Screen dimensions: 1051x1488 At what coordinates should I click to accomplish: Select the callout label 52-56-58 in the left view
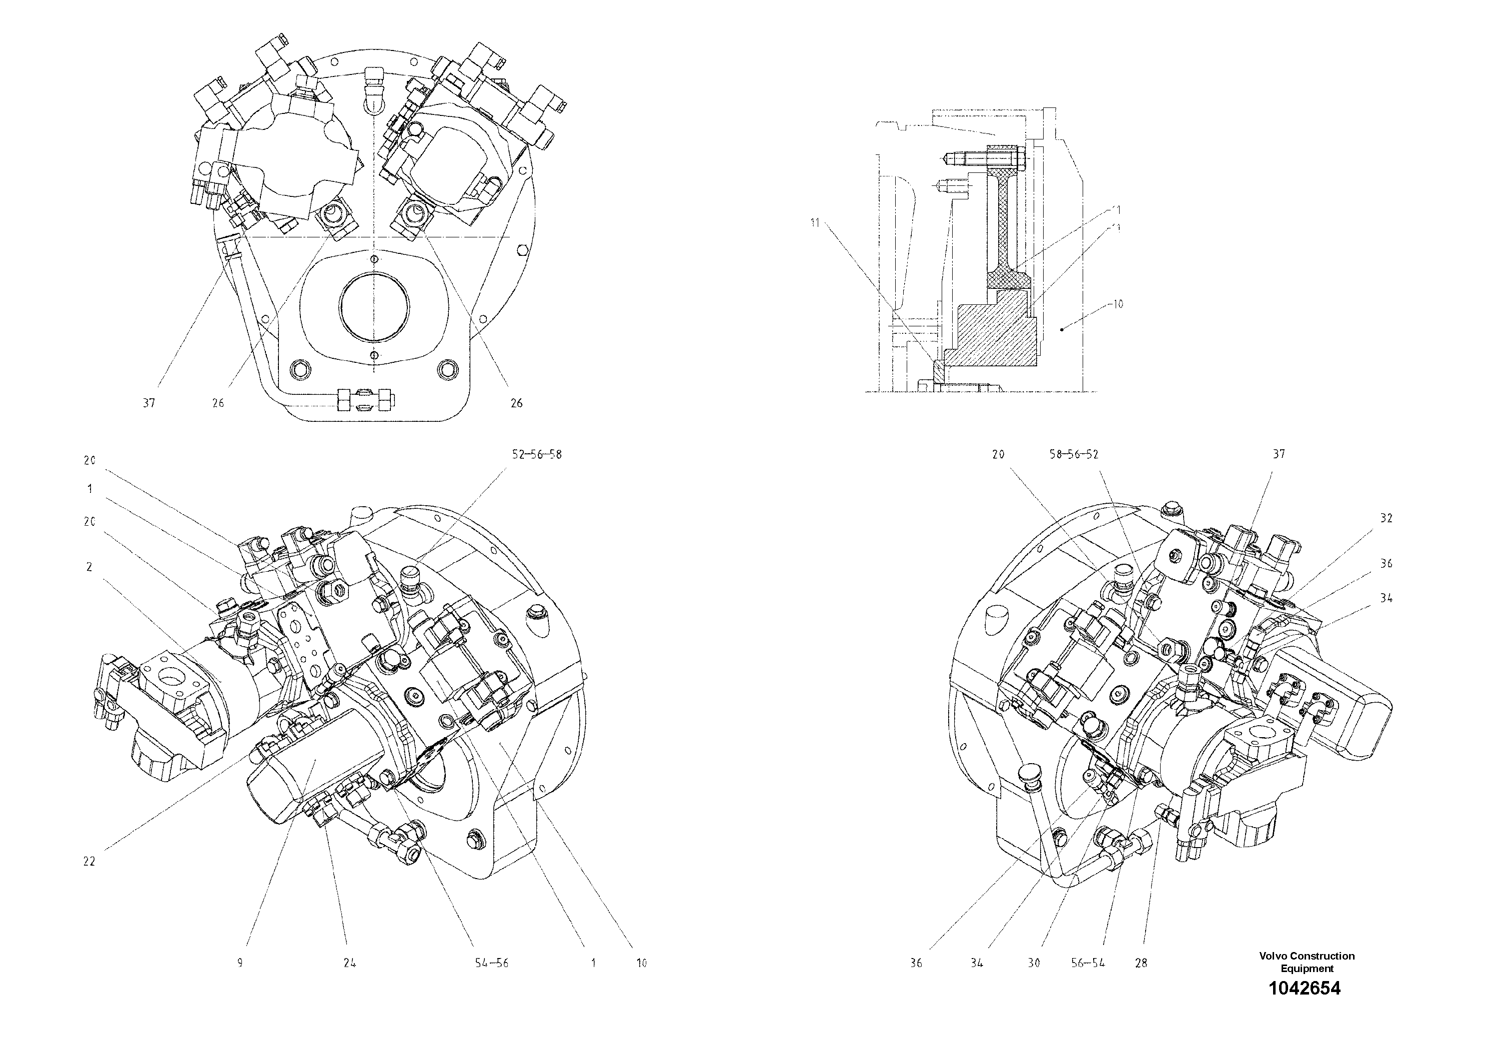coord(537,454)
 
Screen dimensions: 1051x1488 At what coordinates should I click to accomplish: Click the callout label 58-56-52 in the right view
coord(1074,454)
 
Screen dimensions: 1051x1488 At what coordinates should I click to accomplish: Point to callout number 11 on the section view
coord(815,223)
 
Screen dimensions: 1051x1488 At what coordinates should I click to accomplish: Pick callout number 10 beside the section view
coord(1118,303)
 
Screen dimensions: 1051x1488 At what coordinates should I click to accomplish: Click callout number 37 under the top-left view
coord(149,403)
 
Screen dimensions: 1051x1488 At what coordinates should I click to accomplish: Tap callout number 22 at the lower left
coord(89,861)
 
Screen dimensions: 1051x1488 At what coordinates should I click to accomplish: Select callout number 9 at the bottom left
coord(240,963)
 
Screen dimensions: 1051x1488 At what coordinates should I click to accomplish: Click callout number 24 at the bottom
coord(349,963)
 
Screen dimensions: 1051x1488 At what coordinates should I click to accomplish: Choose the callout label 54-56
coord(491,963)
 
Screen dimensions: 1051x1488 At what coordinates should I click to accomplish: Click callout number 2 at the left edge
coord(89,567)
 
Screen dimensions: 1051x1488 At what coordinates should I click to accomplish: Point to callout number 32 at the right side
coord(1386,518)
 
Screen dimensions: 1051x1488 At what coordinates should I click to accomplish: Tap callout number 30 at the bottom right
coord(1034,963)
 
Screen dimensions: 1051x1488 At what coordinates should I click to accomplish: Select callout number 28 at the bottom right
coord(1141,963)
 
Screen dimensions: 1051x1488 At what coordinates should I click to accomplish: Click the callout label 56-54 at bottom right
coord(1088,963)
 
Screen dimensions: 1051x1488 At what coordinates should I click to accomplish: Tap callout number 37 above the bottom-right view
coord(1279,454)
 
